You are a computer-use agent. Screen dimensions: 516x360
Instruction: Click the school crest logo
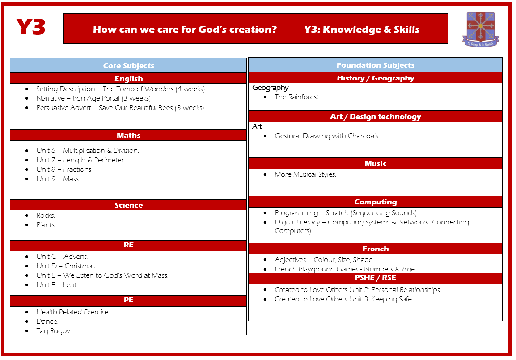click(x=481, y=29)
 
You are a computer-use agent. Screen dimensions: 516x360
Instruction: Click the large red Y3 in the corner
click(x=30, y=27)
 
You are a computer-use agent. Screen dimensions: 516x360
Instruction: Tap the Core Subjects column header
click(x=129, y=65)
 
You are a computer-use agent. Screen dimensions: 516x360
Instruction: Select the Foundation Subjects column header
click(x=376, y=65)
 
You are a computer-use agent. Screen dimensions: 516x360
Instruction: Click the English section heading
click(x=129, y=79)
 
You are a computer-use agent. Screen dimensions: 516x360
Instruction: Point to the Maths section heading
click(x=129, y=135)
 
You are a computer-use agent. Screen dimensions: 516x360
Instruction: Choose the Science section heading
click(x=129, y=205)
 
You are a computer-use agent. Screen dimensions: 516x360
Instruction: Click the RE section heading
click(x=129, y=245)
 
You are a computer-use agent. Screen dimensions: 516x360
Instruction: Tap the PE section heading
click(x=129, y=300)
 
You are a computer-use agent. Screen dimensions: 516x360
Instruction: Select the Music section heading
click(x=376, y=164)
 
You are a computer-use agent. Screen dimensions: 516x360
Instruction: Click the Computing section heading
click(x=376, y=202)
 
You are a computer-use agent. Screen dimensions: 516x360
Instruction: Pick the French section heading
click(x=376, y=249)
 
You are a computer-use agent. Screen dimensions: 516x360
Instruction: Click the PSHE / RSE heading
click(x=376, y=278)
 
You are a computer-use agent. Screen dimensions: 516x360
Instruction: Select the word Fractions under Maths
click(x=78, y=169)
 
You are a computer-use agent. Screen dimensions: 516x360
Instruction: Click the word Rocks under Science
click(x=46, y=216)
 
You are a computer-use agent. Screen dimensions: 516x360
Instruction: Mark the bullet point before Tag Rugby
click(x=27, y=331)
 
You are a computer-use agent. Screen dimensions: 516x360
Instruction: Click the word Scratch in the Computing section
click(x=337, y=213)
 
